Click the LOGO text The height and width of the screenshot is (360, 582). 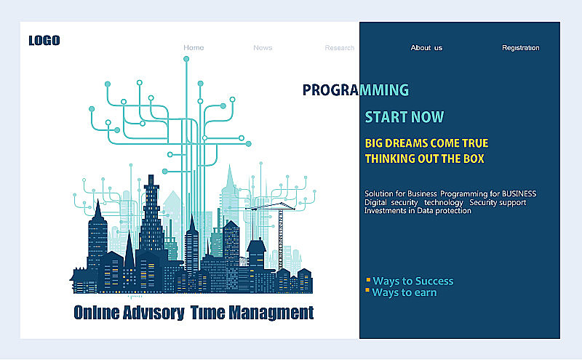(x=44, y=41)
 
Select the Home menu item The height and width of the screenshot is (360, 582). (x=194, y=47)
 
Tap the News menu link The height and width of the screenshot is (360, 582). (x=263, y=48)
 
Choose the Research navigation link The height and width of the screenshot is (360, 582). (x=339, y=48)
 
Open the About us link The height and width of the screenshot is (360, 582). (x=426, y=48)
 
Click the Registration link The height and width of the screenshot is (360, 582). (x=521, y=48)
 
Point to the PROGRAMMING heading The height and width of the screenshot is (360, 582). (x=356, y=90)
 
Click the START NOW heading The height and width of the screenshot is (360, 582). (x=404, y=117)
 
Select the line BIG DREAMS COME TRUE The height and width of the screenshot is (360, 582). (x=426, y=143)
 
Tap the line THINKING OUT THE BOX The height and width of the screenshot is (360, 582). (x=425, y=159)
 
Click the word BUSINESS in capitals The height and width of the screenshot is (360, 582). (x=519, y=193)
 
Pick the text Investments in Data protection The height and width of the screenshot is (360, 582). (x=418, y=211)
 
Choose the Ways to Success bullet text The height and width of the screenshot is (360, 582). (x=413, y=281)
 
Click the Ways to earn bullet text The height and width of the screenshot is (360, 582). (x=404, y=292)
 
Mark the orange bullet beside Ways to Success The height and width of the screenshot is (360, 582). (x=368, y=280)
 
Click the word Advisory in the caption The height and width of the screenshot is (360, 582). (x=154, y=313)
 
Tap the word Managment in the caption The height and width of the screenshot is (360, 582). (x=271, y=313)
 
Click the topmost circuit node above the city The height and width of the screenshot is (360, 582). (x=186, y=59)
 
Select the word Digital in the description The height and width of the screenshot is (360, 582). (x=375, y=203)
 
